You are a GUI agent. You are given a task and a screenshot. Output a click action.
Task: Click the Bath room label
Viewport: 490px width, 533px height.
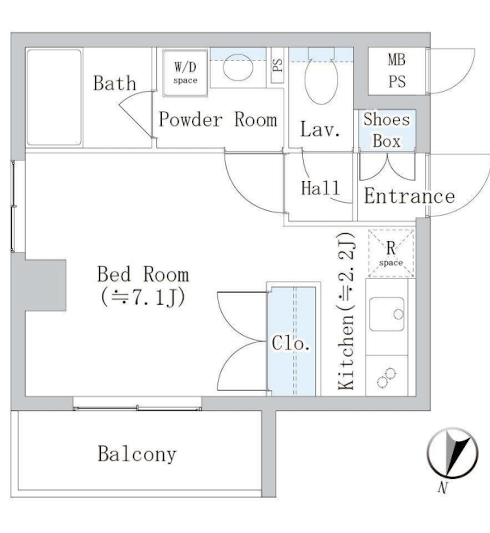point(115,83)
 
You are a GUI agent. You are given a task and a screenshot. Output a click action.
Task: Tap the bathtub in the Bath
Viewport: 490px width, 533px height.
point(54,97)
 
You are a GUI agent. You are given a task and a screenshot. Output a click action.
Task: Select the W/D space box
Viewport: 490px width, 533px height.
point(185,73)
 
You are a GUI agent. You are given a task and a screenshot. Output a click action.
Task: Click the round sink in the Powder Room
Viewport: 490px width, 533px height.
point(238,67)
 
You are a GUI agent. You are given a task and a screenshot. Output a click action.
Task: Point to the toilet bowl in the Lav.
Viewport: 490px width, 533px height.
point(321,80)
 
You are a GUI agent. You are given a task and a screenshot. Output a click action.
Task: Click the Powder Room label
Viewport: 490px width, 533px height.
point(218,119)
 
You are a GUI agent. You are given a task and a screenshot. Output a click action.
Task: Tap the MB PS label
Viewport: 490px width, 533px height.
point(397,71)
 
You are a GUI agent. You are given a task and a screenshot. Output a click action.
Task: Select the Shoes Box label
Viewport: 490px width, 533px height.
point(386,130)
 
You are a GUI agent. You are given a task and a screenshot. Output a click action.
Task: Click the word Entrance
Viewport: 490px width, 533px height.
point(409,196)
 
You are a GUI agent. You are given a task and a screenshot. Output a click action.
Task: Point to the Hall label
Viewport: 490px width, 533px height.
point(320,188)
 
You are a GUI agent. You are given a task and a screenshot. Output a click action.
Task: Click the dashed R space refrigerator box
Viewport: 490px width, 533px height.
point(391,253)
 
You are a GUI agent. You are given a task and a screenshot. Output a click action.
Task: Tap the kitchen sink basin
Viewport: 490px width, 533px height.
point(387,314)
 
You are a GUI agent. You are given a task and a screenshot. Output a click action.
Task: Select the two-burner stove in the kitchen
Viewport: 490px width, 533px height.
point(386,377)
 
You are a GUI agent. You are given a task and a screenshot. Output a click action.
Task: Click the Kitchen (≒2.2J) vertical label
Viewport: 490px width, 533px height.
point(347,311)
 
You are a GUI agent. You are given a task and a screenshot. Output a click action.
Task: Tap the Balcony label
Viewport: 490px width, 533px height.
point(137,455)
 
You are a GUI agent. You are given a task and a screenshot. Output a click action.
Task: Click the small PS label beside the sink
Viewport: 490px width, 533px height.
point(277,65)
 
